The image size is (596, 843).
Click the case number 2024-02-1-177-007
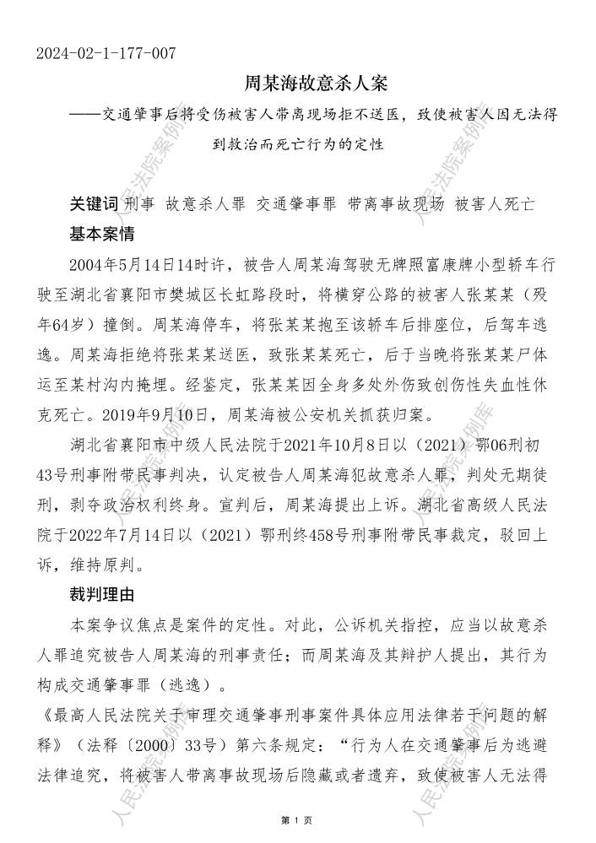[x=106, y=54]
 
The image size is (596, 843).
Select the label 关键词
[x=94, y=203]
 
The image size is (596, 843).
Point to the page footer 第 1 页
[x=297, y=820]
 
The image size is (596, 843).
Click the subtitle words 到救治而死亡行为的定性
[x=297, y=143]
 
